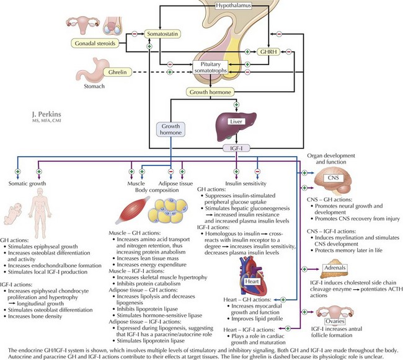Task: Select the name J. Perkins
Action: pos(45,115)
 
